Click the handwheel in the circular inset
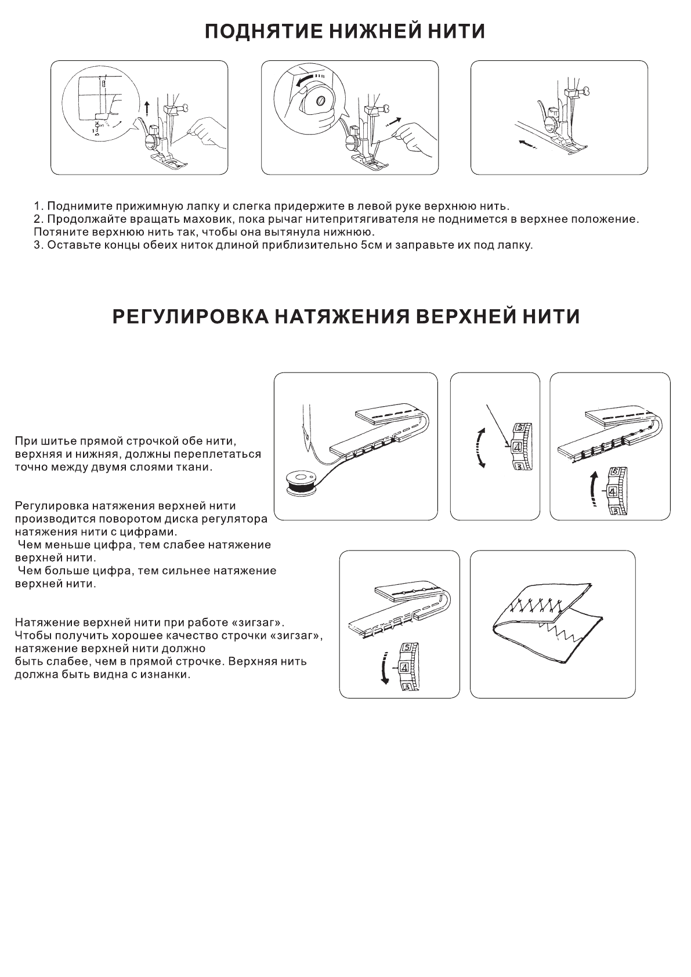click(317, 100)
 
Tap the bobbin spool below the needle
click(300, 481)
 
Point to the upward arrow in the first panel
click(147, 107)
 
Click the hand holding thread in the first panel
click(207, 133)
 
